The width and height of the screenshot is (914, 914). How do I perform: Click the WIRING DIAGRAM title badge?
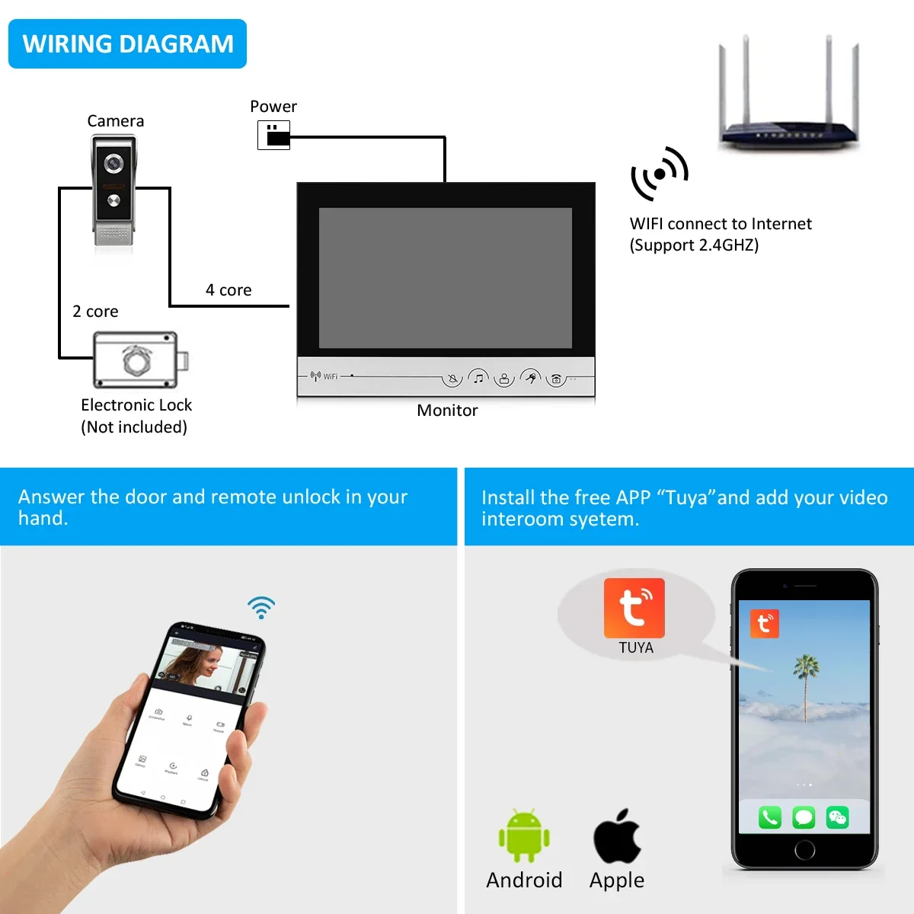tap(127, 44)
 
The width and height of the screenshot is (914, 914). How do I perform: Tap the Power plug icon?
tap(274, 136)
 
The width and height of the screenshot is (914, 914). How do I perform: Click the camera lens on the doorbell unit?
tap(114, 163)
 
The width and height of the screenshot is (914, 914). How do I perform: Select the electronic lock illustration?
tap(138, 360)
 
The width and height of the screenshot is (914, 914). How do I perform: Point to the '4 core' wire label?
tap(228, 290)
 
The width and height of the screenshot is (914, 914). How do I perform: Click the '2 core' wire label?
tap(95, 312)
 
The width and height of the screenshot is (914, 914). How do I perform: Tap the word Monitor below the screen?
tap(447, 411)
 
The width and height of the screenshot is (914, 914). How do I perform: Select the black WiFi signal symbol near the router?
tap(659, 174)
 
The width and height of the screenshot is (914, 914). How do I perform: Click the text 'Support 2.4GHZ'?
tap(694, 245)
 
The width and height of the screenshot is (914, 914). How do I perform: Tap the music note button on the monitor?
tap(478, 378)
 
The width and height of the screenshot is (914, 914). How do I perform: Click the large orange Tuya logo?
tap(634, 608)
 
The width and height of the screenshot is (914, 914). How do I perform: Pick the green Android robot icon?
tap(524, 836)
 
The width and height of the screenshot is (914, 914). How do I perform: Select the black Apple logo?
tap(617, 836)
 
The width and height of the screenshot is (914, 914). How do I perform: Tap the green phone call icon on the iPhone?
tap(769, 818)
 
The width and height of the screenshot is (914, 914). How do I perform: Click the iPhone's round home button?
tap(804, 849)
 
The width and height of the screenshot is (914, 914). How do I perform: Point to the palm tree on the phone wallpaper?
tap(806, 682)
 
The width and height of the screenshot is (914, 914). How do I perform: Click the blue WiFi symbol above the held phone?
tap(261, 607)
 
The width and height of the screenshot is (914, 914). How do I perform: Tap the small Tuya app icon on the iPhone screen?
tap(764, 624)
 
